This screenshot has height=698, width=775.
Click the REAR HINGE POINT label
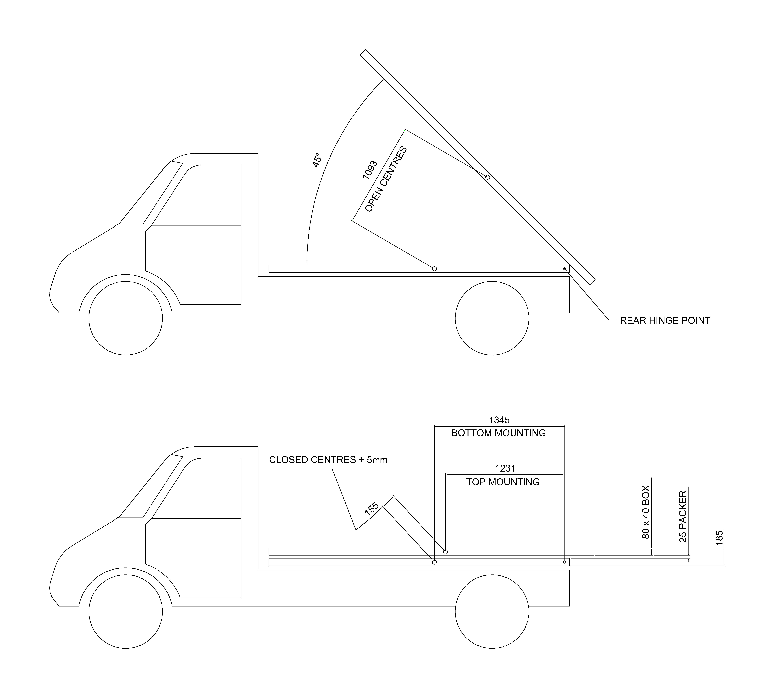coord(665,321)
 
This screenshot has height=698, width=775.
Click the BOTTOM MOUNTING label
coord(498,433)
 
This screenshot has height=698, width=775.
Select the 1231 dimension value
coord(505,468)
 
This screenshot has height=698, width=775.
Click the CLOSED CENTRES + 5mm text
coord(329,460)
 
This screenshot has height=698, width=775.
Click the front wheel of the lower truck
coord(126,611)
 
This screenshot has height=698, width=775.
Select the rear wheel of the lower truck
coord(492,611)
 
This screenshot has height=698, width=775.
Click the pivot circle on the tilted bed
coord(488,177)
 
